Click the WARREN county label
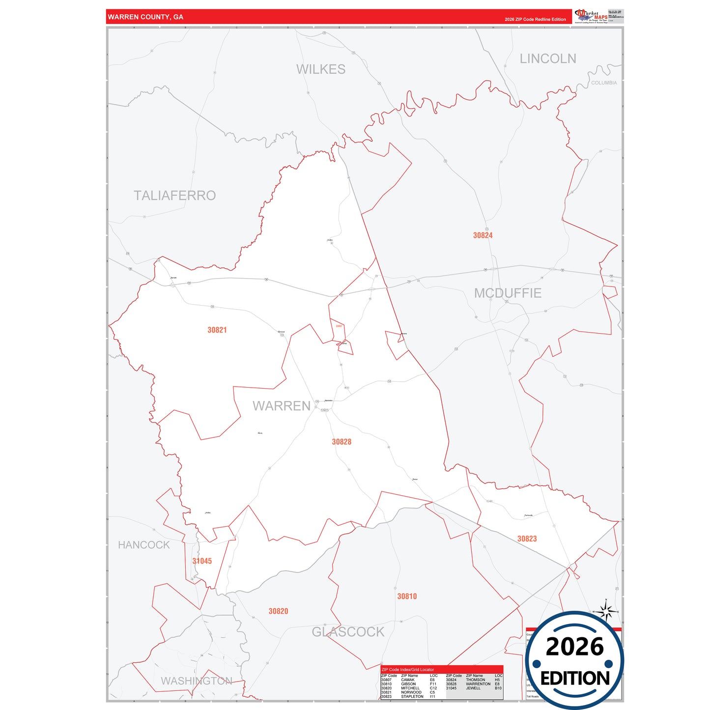click(x=282, y=406)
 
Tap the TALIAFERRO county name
click(x=174, y=196)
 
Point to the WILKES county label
click(x=320, y=69)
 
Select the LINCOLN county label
click(x=547, y=58)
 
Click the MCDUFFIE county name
click(x=508, y=293)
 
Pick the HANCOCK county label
click(x=143, y=545)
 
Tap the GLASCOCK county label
click(x=348, y=632)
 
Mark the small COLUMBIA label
click(x=604, y=83)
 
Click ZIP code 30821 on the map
click(x=217, y=330)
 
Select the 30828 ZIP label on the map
click(x=341, y=442)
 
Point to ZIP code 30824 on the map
click(x=483, y=235)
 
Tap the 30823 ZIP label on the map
click(x=527, y=539)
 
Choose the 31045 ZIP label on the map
click(x=202, y=561)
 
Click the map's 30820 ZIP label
click(x=278, y=611)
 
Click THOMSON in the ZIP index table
click(x=475, y=680)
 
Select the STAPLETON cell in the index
click(x=412, y=697)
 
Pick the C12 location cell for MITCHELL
click(x=433, y=688)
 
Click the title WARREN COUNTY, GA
click(x=145, y=17)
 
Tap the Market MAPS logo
click(x=591, y=16)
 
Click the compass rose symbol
click(x=606, y=611)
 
